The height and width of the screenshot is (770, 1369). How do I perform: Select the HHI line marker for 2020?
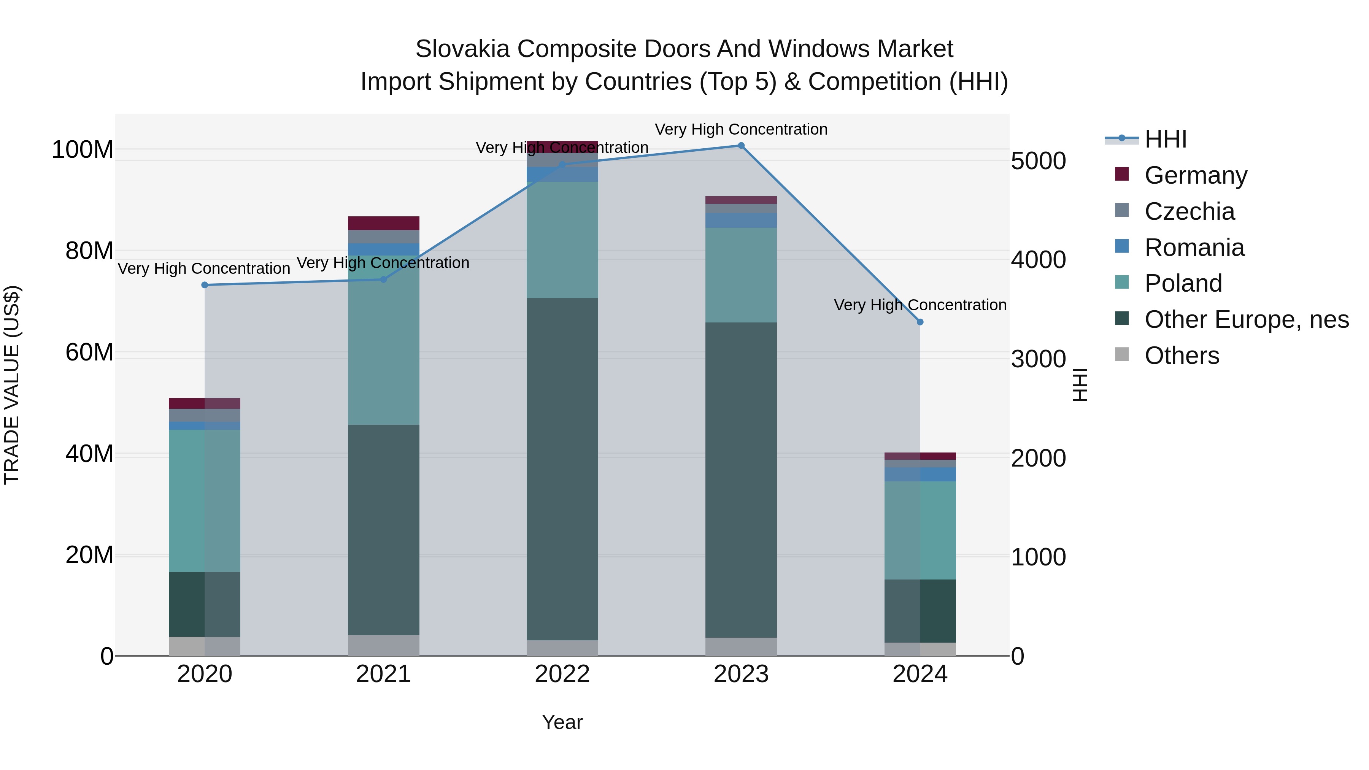coord(205,285)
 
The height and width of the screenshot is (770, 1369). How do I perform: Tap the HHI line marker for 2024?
coord(920,322)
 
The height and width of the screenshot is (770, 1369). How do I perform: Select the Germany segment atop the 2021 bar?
coord(383,223)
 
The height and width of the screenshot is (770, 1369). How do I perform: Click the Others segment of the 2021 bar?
coord(383,645)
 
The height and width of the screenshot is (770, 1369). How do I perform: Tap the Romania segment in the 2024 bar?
coord(920,475)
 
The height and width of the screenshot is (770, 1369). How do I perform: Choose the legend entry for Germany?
coord(1195,175)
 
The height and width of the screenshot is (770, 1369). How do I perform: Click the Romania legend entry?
coord(1194,248)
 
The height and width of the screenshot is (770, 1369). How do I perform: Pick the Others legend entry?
coord(1182,356)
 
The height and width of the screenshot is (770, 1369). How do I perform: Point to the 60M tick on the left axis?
coord(89,352)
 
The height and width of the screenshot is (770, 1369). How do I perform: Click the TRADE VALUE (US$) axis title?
coord(12,385)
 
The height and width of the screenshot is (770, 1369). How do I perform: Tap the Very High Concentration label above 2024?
coord(920,305)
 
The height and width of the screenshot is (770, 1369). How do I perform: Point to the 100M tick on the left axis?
coord(83,150)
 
